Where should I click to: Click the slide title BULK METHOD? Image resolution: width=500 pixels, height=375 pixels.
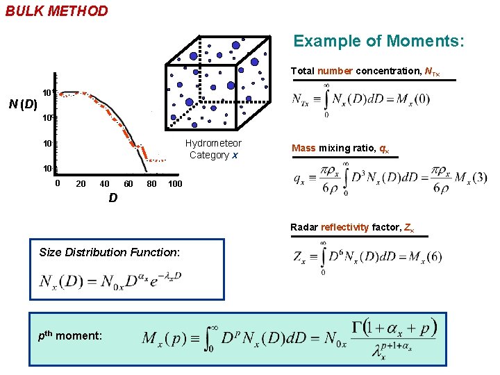click(57, 11)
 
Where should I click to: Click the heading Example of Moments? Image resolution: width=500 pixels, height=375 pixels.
click(378, 41)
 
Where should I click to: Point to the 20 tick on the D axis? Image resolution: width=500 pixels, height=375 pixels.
click(81, 183)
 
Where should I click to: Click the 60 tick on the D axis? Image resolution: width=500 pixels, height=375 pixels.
click(128, 183)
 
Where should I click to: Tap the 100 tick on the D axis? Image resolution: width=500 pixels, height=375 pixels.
click(175, 183)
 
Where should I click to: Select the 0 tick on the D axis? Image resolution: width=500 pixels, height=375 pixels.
click(58, 183)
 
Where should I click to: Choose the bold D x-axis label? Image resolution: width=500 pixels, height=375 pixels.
click(112, 199)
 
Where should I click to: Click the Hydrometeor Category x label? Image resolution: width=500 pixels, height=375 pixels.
click(213, 149)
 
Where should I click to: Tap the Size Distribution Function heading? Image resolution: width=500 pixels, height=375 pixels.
click(110, 252)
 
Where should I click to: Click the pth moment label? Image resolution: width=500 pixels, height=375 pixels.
click(69, 335)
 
